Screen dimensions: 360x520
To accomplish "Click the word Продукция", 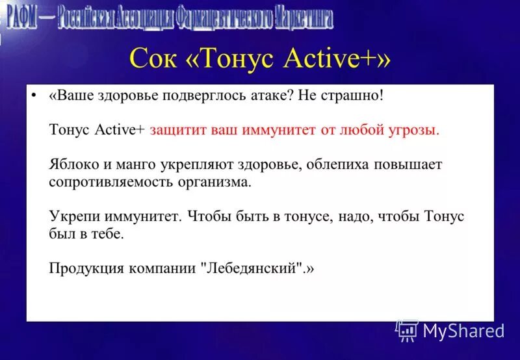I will point(84,268).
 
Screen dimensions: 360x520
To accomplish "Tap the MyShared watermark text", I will point(463,331).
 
